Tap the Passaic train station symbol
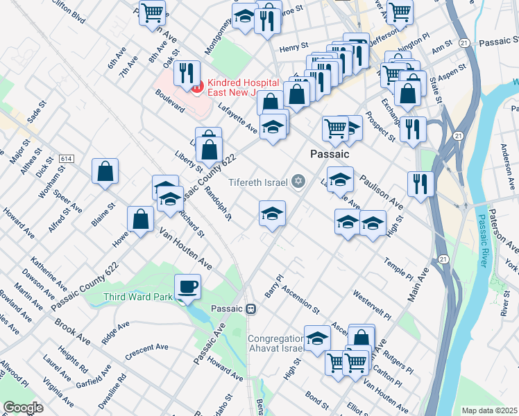[251, 309]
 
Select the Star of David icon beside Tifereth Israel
[298, 182]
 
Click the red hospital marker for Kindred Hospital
[196, 87]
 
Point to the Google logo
[23, 407]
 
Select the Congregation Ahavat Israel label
[276, 344]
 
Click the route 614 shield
[67, 159]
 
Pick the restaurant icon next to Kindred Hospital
[185, 72]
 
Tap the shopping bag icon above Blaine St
[105, 171]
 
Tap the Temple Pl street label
[398, 269]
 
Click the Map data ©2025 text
[489, 410]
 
